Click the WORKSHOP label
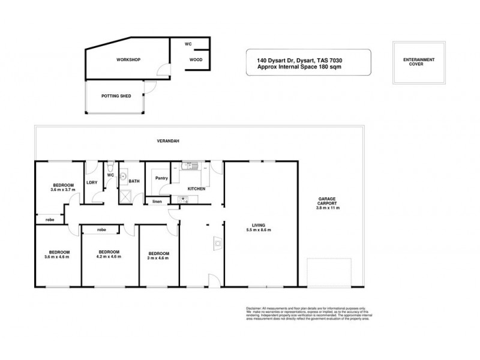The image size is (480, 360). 128,61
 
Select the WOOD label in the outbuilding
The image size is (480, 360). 195,61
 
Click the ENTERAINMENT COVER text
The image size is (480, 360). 419,63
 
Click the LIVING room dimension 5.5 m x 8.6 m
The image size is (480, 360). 259,230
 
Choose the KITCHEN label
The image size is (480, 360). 197,189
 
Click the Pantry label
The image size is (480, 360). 161,178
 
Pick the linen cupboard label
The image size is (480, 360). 156,202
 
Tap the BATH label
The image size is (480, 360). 134,182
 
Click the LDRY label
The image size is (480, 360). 92,182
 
